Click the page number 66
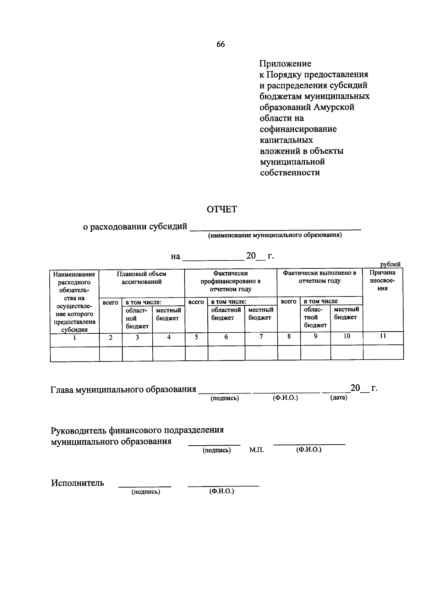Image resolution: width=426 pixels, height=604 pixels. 220,44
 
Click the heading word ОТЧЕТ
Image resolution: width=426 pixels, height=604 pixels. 222,210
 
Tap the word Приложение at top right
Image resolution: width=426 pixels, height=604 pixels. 285,64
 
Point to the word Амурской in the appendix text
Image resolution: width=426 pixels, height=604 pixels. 334,107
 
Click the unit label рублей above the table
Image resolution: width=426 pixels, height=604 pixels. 390,264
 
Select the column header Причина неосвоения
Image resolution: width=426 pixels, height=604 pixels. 382,281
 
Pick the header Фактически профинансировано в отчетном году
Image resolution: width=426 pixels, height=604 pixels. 230,281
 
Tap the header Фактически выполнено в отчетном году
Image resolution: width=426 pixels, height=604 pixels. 319,277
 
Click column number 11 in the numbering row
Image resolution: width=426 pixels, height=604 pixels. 383,336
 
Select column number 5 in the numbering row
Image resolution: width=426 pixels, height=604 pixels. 196,337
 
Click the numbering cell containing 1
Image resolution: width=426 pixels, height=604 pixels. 75,338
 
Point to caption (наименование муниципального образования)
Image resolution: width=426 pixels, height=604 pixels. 275,235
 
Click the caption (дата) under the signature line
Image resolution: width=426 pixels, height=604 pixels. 338,398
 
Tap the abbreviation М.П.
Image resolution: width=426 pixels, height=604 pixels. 256,450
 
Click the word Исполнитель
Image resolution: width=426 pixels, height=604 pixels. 77,483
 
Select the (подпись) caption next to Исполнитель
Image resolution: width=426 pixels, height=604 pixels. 146,492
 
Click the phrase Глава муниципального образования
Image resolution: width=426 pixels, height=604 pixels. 123,390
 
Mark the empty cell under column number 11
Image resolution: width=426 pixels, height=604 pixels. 383,353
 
